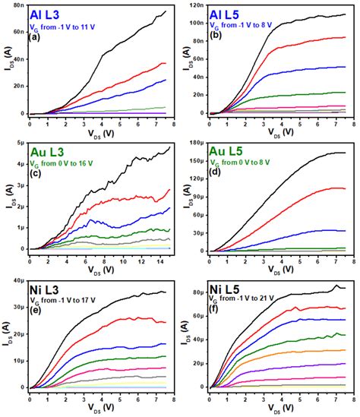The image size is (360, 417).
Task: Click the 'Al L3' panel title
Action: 47,14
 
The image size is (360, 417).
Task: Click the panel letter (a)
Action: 34,37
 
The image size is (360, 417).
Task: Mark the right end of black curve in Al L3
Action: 166,11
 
